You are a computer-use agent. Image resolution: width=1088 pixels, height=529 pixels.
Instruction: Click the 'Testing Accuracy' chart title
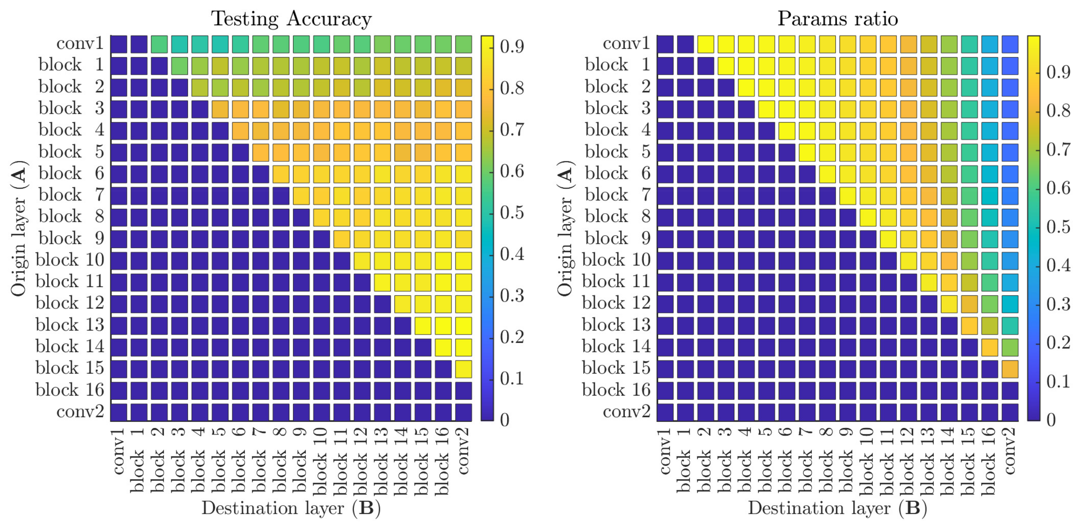291,19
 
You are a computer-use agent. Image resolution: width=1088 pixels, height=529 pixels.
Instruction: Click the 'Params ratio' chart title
837,19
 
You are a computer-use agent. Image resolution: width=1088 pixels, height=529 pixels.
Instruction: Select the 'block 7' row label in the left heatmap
71,195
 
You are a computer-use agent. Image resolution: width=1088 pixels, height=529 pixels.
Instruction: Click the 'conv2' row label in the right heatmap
626,411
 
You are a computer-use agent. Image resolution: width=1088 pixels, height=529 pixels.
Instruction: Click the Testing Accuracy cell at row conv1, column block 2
159,44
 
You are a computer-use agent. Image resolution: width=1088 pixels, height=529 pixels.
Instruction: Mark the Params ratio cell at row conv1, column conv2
1010,44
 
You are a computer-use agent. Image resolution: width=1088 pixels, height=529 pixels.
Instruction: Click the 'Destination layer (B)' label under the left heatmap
291,508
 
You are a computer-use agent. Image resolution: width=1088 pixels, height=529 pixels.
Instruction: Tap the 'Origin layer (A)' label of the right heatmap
565,228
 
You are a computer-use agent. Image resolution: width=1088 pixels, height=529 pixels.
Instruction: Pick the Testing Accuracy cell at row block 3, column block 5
220,109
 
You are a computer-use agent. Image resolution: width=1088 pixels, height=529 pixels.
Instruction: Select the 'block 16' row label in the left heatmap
70,389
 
